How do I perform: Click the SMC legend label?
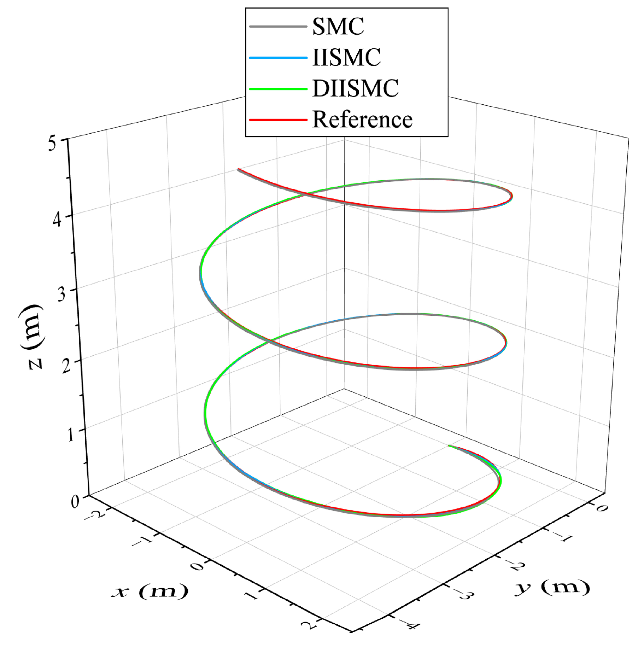[x=338, y=27]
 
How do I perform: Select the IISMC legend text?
[x=346, y=57]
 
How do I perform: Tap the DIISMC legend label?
[x=355, y=88]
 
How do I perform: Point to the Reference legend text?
[x=362, y=120]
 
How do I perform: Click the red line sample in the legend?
[x=278, y=120]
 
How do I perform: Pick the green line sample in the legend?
[x=278, y=89]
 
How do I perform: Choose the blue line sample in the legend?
[x=278, y=58]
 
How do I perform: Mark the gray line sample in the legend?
[x=278, y=27]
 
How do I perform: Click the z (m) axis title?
[x=31, y=336]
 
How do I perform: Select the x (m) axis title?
[x=150, y=591]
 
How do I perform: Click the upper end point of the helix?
[x=239, y=170]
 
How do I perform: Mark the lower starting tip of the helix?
[x=449, y=446]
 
